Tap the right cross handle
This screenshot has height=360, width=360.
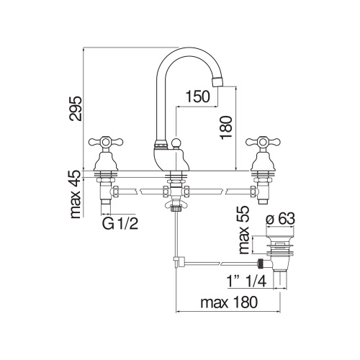[257, 143]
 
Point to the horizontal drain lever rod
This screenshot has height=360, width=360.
[216, 259]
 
